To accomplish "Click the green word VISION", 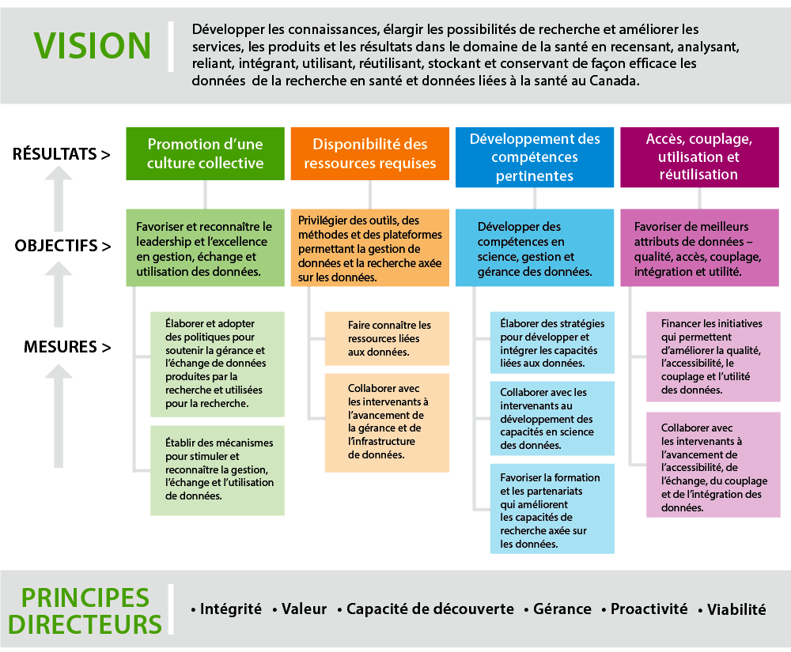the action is pos(93,46).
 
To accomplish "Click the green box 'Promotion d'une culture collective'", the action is pos(206,153).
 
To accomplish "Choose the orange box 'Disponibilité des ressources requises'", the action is pos(369,153).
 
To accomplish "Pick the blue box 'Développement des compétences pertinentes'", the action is pos(535,157).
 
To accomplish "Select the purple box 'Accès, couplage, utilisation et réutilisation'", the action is pos(699,157).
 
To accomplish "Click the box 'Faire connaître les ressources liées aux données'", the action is pos(387,338).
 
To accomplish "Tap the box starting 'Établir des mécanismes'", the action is pos(218,470).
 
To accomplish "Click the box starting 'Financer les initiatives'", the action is pos(713,356).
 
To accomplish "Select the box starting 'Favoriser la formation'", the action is pos(552,509).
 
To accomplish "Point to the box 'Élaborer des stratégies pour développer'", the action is pos(552,343).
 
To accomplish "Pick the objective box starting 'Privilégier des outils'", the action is pos(369,248).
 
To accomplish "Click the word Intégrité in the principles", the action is pos(230,609).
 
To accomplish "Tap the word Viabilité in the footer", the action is pos(736,609).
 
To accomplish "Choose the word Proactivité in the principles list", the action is pos(649,609).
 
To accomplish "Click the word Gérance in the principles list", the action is pos(562,609).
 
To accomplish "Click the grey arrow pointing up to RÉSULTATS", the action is pos(59,198).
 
